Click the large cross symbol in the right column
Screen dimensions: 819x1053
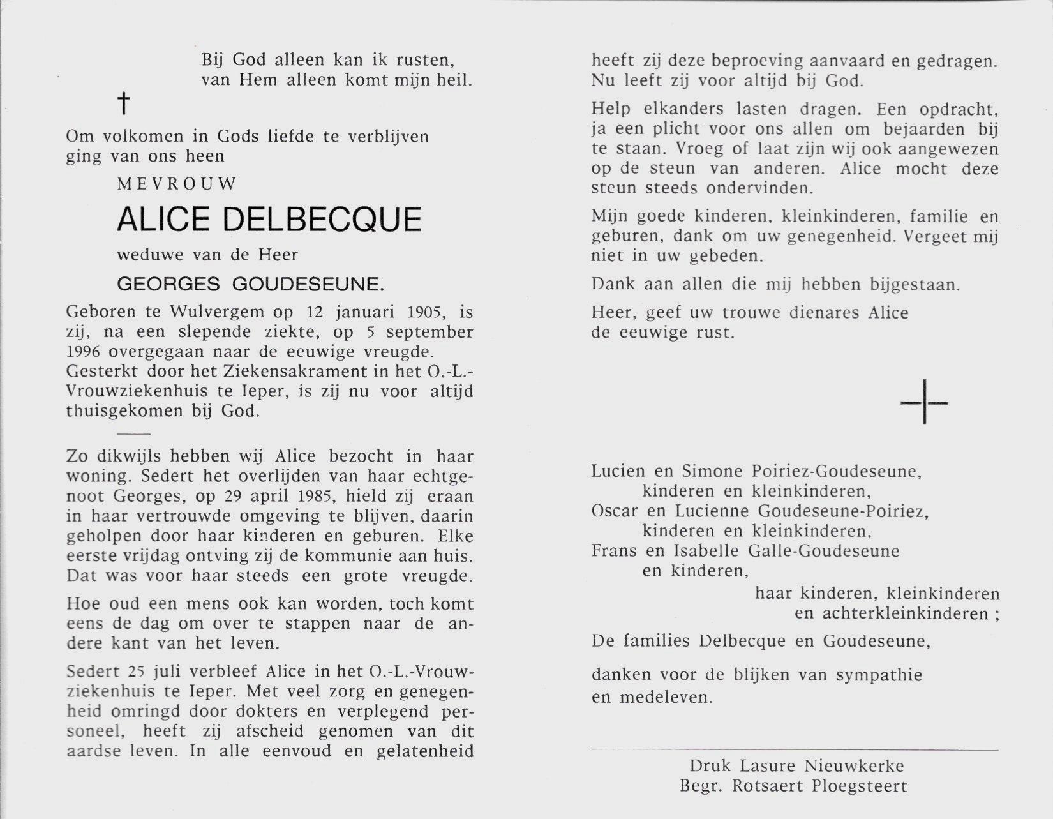924,403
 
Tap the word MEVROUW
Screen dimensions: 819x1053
177,184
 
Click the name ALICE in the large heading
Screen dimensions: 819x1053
163,219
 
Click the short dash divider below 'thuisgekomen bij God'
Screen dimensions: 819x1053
133,433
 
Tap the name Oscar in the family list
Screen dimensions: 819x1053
613,511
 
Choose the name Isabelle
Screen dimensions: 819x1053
705,551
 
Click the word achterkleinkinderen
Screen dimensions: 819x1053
896,613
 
